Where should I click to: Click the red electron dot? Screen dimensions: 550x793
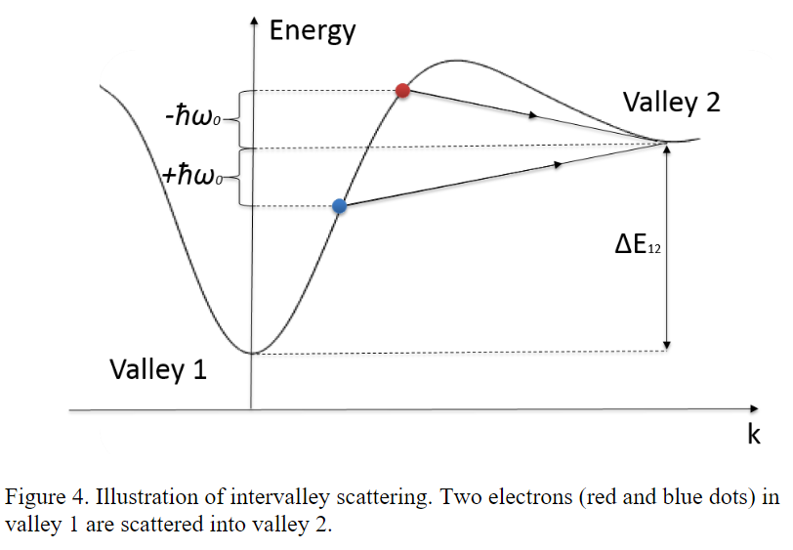402,91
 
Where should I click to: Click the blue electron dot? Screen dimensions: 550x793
339,206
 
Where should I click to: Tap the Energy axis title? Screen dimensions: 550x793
313,30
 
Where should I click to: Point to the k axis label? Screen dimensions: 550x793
754,435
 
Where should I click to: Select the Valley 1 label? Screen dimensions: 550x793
157,369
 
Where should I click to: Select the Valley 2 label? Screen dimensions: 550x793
671,103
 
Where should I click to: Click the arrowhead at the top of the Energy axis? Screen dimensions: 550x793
254,21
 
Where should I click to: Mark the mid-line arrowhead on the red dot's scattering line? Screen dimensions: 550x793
533,115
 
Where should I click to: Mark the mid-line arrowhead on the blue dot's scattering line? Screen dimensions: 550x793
559,165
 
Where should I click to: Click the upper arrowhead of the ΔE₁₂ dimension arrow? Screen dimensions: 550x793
667,149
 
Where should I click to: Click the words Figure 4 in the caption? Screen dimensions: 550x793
40,496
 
